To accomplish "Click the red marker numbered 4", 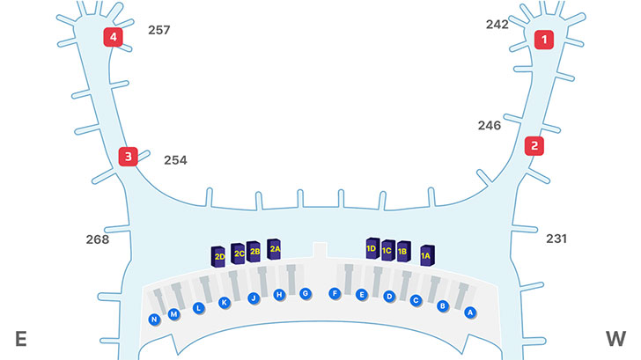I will [113, 37].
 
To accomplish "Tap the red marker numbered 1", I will [545, 39].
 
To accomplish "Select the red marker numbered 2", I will [533, 146].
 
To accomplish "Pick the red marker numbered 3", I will [129, 157].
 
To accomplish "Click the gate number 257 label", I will [158, 30].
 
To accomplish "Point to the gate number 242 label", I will [497, 25].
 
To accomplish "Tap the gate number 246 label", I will [490, 126].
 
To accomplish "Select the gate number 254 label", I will [175, 160].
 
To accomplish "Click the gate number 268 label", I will [98, 239].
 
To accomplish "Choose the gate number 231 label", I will [556, 239].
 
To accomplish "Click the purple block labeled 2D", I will [219, 256].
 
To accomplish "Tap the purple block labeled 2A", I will [275, 249].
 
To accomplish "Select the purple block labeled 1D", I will [372, 249].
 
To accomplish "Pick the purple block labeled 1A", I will [427, 256].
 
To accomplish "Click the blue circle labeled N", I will [155, 319].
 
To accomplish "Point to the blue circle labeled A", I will [470, 312].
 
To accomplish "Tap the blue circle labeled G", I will [306, 293].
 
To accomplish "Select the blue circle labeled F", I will [335, 293].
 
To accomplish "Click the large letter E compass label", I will [20, 339].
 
